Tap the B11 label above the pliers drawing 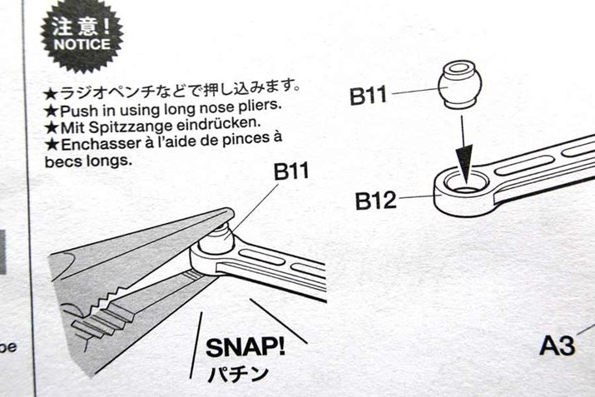coord(291,173)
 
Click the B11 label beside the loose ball coord(369,95)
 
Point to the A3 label coord(557,344)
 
